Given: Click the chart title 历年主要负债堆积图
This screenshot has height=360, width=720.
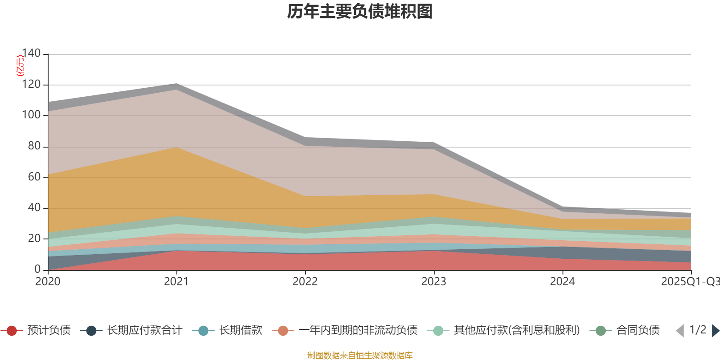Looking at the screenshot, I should tap(360, 12).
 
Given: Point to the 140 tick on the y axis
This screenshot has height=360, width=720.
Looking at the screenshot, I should tap(31, 53).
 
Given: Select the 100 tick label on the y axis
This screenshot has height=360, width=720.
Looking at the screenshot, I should tap(31, 115).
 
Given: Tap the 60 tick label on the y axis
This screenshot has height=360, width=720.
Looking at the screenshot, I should tap(34, 177).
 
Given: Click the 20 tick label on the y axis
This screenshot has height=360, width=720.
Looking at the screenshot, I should tap(34, 238).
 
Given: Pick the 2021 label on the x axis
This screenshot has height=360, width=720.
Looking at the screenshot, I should tap(176, 282).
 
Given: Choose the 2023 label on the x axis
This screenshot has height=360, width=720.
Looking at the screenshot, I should tap(434, 282).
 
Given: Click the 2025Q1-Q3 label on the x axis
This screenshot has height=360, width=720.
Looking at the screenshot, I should tap(690, 282).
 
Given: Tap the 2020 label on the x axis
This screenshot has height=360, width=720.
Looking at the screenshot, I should tap(48, 282).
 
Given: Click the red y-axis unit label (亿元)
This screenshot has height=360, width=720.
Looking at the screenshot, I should tap(20, 66).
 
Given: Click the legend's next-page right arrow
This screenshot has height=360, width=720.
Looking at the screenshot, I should tap(715, 331).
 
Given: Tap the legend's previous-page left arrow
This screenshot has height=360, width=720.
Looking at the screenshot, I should tap(680, 331).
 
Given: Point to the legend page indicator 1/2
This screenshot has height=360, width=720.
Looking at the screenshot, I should tap(697, 330).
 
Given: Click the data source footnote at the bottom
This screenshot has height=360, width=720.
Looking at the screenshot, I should tap(360, 355).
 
